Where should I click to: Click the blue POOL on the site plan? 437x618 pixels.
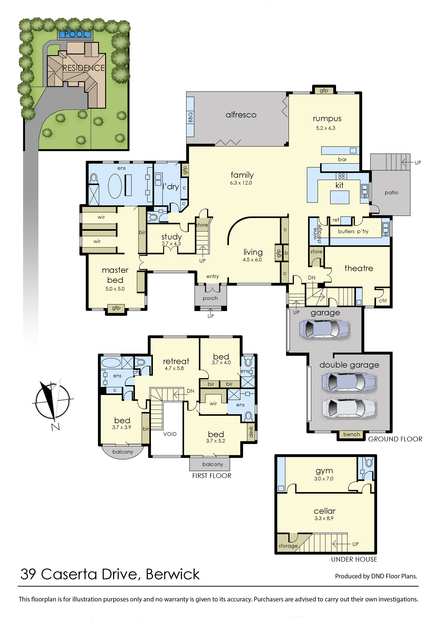(x=75, y=34)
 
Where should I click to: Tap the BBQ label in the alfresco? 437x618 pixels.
(x=190, y=117)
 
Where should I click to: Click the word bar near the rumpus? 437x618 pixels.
(x=342, y=159)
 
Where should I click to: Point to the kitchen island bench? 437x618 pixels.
(x=340, y=197)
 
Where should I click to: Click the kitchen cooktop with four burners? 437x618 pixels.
(x=341, y=176)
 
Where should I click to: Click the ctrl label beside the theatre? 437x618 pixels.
(x=382, y=301)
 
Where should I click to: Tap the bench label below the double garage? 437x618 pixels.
(x=351, y=434)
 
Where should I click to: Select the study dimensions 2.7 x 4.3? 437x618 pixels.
(x=171, y=244)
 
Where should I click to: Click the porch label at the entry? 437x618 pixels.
(x=210, y=298)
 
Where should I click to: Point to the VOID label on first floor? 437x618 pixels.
(x=170, y=434)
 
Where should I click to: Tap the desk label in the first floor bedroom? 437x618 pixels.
(x=251, y=431)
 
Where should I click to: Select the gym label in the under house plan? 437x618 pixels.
(x=324, y=471)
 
